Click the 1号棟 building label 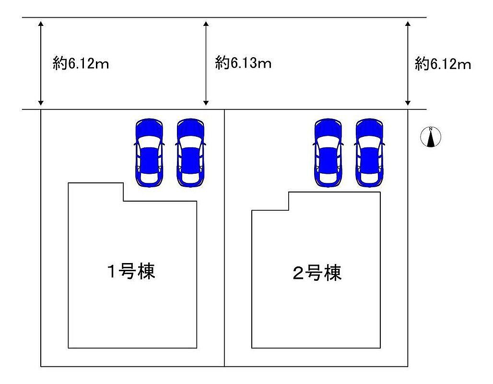tap(131, 271)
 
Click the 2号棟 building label tap(317, 273)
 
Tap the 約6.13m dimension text tap(243, 63)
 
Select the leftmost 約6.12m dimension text tap(81, 64)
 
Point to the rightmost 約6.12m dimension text tap(443, 64)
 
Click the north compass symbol tap(431, 137)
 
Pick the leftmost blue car tap(149, 153)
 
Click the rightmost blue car tap(369, 153)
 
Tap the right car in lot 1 tap(190, 153)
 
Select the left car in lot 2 tap(328, 153)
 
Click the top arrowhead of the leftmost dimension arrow tap(41, 24)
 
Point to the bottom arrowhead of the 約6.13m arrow tap(206, 103)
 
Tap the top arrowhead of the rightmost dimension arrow tap(408, 24)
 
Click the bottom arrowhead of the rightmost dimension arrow tap(408, 103)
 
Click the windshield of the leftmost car tap(149, 141)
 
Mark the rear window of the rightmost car tap(369, 177)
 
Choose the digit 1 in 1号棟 tap(112, 272)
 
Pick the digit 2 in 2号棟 tap(298, 273)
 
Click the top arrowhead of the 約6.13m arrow tap(206, 24)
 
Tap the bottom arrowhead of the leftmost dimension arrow tap(41, 103)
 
